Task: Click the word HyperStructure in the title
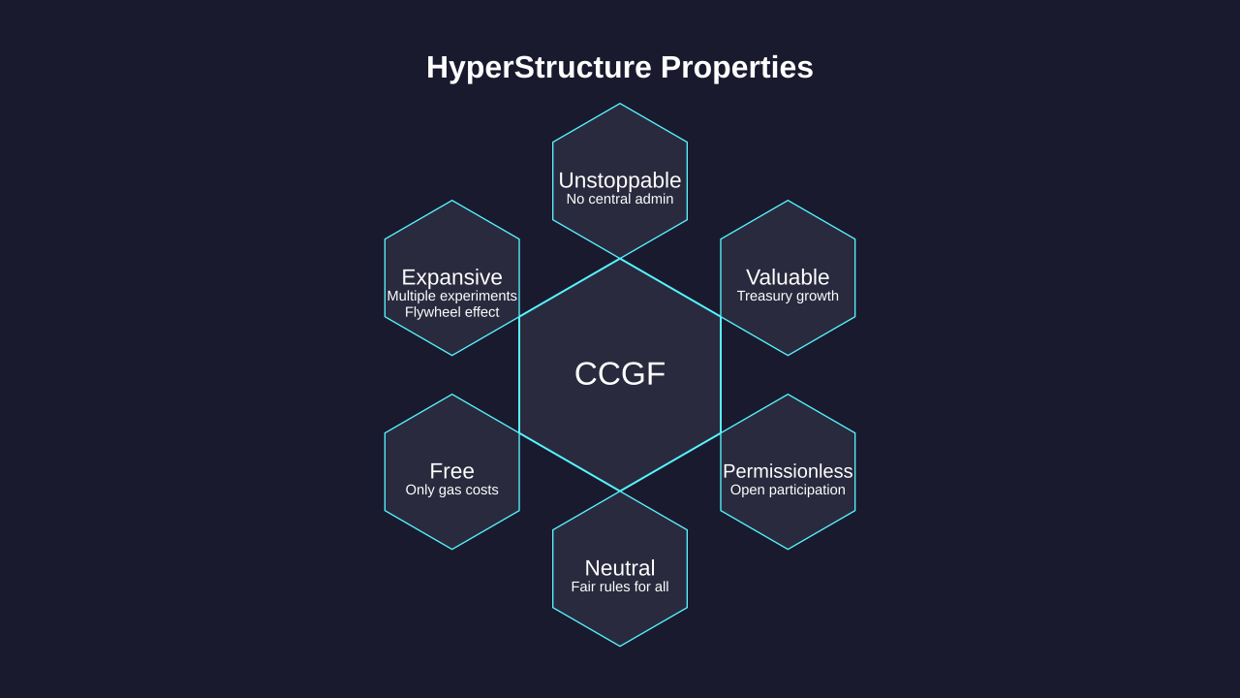pyautogui.click(x=539, y=68)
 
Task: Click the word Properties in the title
pyautogui.click(x=737, y=68)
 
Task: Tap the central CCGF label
pyautogui.click(x=620, y=373)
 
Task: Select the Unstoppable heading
pyautogui.click(x=620, y=180)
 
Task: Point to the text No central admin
pyautogui.click(x=620, y=199)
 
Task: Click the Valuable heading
pyautogui.click(x=788, y=277)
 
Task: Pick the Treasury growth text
pyautogui.click(x=788, y=296)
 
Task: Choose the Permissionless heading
pyautogui.click(x=788, y=471)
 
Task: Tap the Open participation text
pyautogui.click(x=788, y=490)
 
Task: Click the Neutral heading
pyautogui.click(x=620, y=568)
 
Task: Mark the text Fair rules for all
pyautogui.click(x=620, y=587)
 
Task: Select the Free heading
pyautogui.click(x=451, y=471)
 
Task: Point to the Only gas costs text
pyautogui.click(x=451, y=490)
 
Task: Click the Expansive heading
pyautogui.click(x=451, y=277)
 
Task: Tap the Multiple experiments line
pyautogui.click(x=451, y=296)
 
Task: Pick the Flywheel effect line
pyautogui.click(x=451, y=312)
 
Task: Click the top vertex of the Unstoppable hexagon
pyautogui.click(x=620, y=104)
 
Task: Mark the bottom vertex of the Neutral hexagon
pyautogui.click(x=620, y=646)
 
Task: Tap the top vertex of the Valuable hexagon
pyautogui.click(x=788, y=201)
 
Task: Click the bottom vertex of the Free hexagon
pyautogui.click(x=451, y=549)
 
